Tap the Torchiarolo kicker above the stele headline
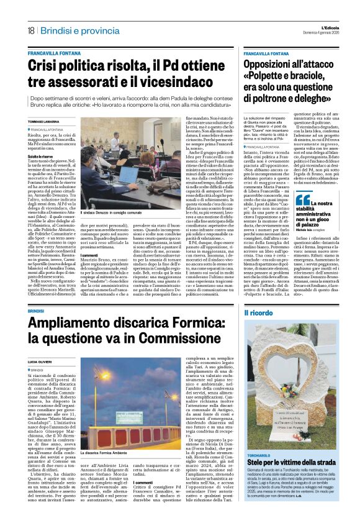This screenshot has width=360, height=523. (259, 455)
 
